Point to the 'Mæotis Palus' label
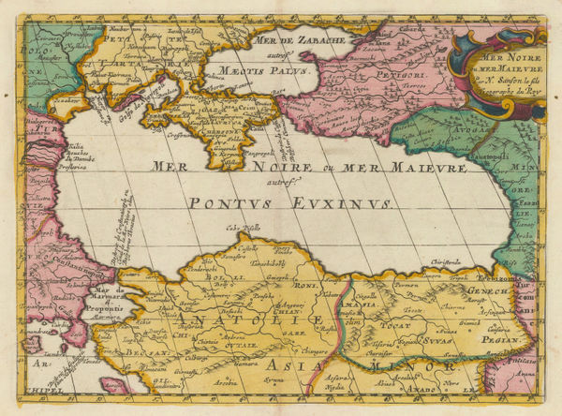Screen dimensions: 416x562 [251, 68]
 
